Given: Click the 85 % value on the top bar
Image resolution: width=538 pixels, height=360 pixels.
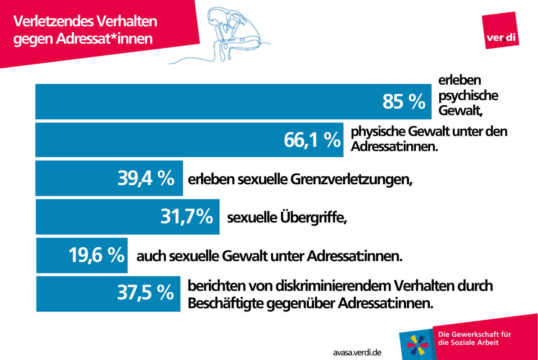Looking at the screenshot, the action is tap(404, 102).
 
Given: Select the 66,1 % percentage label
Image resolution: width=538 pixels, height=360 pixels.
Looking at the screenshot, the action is tap(312, 140).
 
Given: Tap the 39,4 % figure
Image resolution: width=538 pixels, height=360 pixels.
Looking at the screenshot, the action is tap(146, 178).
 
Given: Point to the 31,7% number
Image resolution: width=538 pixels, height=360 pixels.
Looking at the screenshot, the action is tap(187, 216).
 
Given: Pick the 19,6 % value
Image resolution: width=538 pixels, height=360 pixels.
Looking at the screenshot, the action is tap(96, 255).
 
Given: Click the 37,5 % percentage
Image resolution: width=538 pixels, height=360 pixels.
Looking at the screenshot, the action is tap(145, 292).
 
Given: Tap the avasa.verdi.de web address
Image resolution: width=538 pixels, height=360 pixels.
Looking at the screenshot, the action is tap(357, 352).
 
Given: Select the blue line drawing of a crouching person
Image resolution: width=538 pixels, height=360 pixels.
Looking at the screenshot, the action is tap(219, 35).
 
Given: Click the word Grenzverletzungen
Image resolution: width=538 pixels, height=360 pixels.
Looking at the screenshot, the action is tap(351, 179).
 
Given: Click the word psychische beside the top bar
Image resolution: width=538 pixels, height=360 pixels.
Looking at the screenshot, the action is tap(468, 96).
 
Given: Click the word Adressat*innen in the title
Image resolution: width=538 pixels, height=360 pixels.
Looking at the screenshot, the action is tap(104, 39).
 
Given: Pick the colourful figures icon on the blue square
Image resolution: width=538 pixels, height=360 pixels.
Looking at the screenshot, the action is tap(417, 345).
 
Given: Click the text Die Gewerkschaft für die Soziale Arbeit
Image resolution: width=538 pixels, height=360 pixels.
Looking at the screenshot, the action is tap(474, 338).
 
